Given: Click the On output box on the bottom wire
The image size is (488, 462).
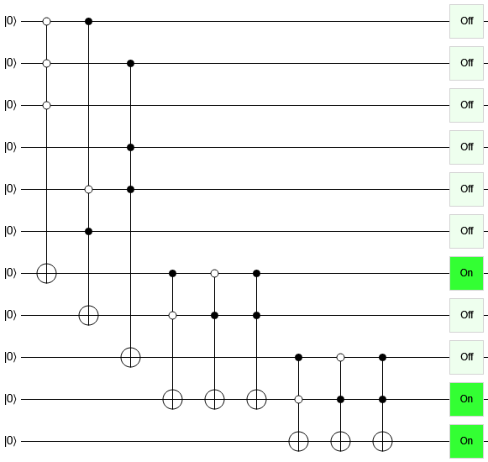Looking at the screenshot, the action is (x=466, y=441).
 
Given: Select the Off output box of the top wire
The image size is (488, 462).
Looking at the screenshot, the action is (x=466, y=21).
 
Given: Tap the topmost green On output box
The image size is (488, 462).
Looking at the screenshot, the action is (x=466, y=273).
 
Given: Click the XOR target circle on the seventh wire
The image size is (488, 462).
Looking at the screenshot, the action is (x=47, y=273).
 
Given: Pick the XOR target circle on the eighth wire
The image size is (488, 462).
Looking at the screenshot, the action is (x=89, y=315).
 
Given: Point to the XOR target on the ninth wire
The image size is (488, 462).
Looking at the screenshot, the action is (x=131, y=357).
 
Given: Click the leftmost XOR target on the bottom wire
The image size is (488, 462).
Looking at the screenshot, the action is (x=298, y=441).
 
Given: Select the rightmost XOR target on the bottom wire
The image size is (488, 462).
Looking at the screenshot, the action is (x=382, y=441).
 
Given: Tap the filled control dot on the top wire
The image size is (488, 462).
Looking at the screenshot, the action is (x=89, y=22).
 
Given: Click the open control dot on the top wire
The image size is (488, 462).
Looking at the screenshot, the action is (x=47, y=22).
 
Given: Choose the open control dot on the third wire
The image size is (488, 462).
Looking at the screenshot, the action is (x=47, y=106).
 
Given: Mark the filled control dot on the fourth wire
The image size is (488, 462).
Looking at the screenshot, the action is (x=131, y=147).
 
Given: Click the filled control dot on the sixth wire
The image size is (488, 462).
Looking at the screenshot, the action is (x=89, y=231).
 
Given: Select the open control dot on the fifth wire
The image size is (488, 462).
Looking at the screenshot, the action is (x=89, y=189).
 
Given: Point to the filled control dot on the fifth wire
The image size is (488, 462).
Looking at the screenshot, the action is (x=131, y=189).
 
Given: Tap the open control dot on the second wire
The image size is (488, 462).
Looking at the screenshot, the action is (x=47, y=64).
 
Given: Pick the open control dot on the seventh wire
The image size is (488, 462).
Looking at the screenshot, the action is (x=214, y=273).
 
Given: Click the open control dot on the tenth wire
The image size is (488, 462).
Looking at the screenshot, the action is (x=298, y=399).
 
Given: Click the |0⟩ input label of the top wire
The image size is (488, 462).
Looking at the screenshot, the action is (x=10, y=21).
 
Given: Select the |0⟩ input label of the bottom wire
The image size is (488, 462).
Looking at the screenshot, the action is (x=10, y=441).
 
